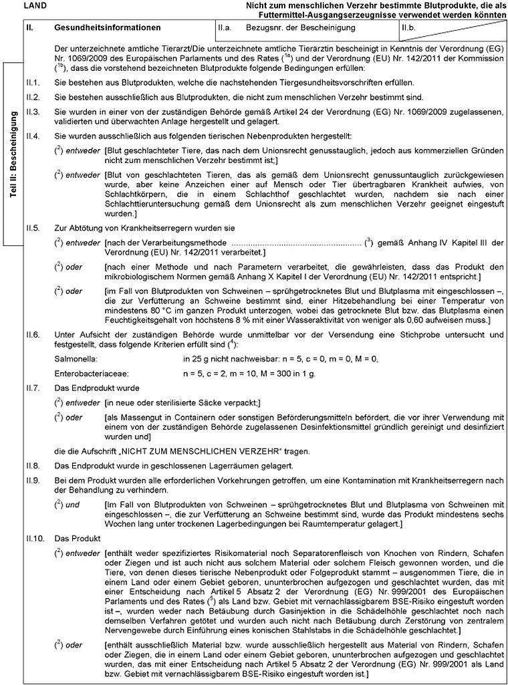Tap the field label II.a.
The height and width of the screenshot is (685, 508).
pyautogui.click(x=224, y=29)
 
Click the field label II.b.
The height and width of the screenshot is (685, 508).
pyautogui.click(x=407, y=29)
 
